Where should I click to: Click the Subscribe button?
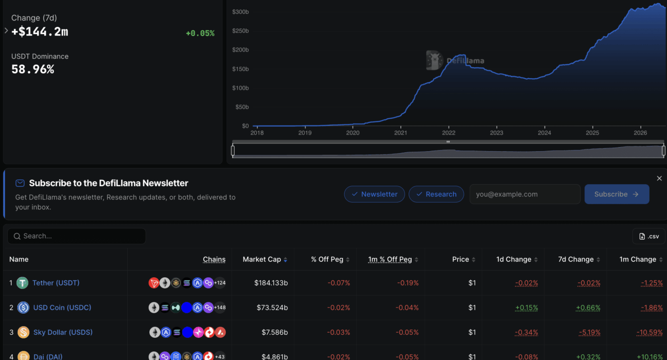(617, 194)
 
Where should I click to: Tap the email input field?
(524, 194)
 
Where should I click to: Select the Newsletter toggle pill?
(374, 194)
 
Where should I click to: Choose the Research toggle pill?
(436, 194)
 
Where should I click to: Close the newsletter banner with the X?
(659, 178)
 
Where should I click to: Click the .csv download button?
(649, 236)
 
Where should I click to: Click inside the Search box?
(77, 236)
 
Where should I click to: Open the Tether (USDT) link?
(56, 283)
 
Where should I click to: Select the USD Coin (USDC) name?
(62, 308)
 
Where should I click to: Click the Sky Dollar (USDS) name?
(63, 332)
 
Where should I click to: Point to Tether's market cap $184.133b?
(271, 283)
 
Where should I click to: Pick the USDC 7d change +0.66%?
(588, 308)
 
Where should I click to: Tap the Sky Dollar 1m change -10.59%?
(650, 332)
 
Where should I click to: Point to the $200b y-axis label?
(240, 50)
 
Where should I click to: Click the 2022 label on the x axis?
(448, 133)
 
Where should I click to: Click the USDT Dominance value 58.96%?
(33, 69)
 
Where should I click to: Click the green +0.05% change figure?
(200, 33)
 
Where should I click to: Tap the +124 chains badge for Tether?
(220, 283)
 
